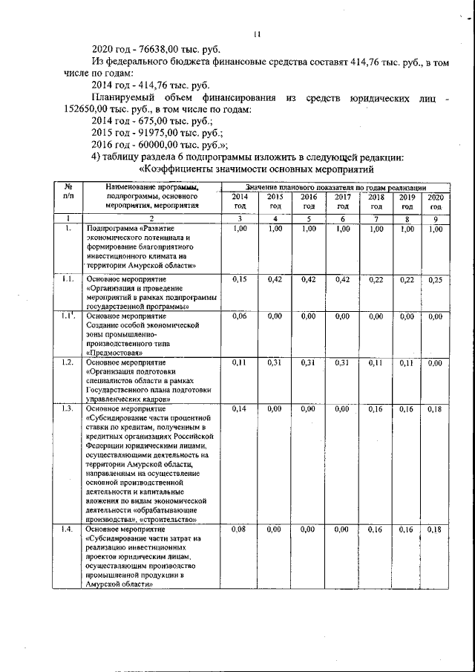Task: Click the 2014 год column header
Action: [239, 201]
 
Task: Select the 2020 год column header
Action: [436, 201]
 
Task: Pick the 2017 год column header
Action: [342, 201]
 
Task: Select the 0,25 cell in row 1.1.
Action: [436, 279]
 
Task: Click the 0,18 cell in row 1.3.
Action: [436, 408]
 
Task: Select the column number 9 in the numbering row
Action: [436, 219]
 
